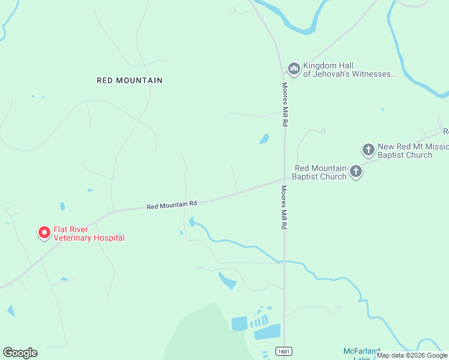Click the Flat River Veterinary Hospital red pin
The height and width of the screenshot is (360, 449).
click(x=44, y=232)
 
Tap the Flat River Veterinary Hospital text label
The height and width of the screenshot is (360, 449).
click(x=89, y=233)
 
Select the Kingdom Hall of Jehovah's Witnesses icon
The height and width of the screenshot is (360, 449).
click(x=294, y=69)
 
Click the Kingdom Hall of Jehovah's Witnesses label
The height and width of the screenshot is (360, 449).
click(x=349, y=70)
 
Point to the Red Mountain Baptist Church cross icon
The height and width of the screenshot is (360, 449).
click(x=356, y=172)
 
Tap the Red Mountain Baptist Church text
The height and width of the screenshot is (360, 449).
click(x=319, y=172)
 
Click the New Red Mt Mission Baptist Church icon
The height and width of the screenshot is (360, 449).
click(x=369, y=149)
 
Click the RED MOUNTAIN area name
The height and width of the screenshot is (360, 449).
click(x=130, y=80)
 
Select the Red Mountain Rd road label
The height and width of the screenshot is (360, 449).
click(x=172, y=205)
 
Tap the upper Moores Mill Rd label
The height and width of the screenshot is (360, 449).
click(x=286, y=104)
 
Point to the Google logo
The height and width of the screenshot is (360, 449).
click(x=20, y=352)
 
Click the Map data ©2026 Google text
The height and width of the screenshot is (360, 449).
click(x=412, y=355)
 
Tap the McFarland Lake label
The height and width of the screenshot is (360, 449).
click(x=361, y=353)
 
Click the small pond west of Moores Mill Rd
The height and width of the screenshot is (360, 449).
click(x=264, y=139)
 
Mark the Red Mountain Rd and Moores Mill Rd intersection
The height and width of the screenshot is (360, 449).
click(x=285, y=178)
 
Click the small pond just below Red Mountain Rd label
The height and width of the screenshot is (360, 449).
click(x=192, y=222)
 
